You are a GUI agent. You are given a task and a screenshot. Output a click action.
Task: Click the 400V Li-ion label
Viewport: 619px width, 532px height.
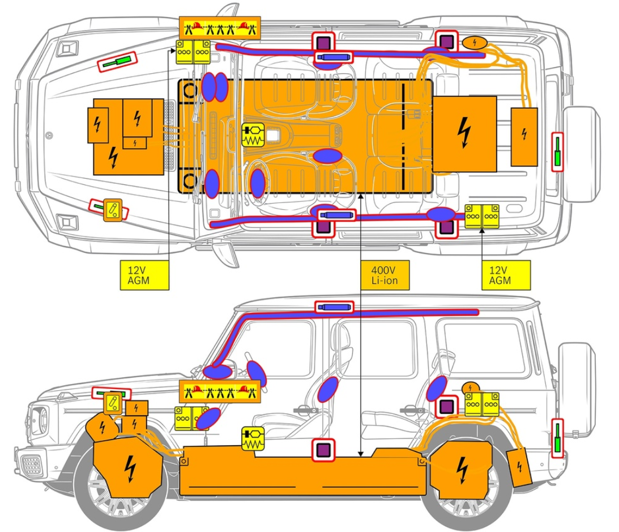pos(384,276)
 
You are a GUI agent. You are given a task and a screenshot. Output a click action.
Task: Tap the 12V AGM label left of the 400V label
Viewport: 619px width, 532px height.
pos(144,276)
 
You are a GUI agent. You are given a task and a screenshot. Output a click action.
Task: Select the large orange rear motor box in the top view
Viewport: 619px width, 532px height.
pos(464,134)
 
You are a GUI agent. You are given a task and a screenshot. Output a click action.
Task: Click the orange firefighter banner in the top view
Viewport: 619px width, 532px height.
pos(219,27)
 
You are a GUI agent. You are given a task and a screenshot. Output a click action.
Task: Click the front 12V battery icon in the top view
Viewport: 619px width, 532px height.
pos(193,52)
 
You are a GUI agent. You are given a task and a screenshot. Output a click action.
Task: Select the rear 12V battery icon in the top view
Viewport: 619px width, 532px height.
pos(481,216)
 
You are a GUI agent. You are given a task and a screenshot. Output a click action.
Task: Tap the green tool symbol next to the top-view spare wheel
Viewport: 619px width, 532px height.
pos(558,152)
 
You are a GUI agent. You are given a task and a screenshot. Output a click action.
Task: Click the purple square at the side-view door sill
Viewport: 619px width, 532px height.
pos(324,450)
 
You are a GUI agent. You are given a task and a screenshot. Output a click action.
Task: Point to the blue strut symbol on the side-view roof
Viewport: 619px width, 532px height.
pos(334,307)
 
